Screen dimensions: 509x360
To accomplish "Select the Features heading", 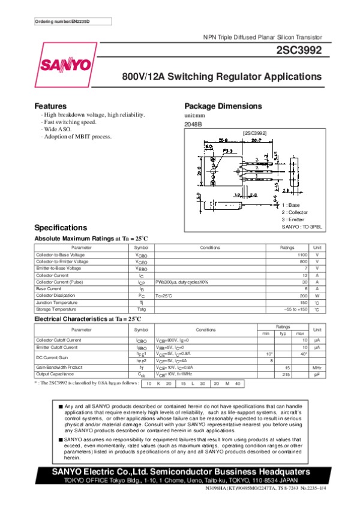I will [50, 106].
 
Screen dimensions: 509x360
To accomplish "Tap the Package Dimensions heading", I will [223, 106].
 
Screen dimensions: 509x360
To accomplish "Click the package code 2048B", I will [193, 124].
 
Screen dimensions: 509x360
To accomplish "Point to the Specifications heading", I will [61, 228].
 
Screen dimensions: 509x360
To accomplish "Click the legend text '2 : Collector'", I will [295, 212].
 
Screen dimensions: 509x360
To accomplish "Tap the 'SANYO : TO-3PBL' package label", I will [302, 227].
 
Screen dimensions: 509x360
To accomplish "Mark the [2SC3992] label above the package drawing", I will [254, 132].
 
